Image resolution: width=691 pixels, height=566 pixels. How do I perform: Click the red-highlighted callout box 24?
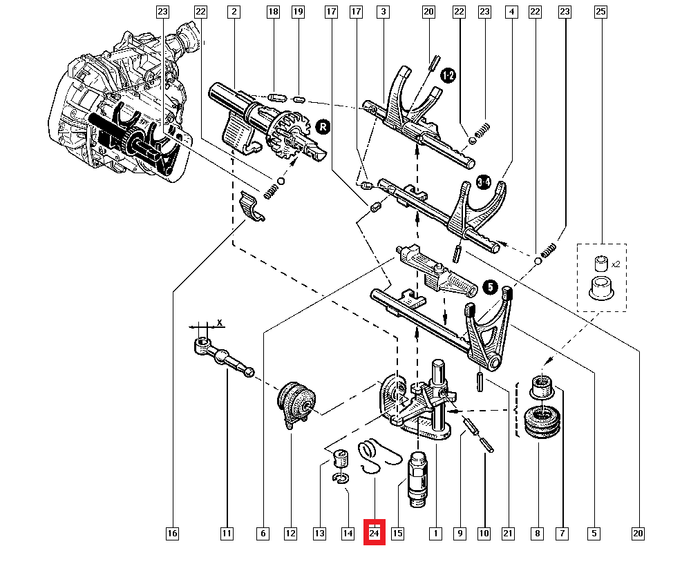(x=374, y=534)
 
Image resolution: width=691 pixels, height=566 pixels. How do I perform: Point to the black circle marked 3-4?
(x=484, y=183)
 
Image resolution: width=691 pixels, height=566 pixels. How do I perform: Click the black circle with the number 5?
(x=489, y=286)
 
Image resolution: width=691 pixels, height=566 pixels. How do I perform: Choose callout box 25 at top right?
(x=600, y=12)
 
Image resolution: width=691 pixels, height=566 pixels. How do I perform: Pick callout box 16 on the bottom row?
(x=172, y=534)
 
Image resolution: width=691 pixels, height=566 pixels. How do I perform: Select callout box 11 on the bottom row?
(x=227, y=534)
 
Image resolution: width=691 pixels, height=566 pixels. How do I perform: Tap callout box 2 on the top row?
(x=234, y=12)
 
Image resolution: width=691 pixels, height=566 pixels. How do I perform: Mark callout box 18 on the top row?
(x=273, y=12)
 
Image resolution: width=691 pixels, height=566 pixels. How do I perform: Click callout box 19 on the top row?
(x=298, y=12)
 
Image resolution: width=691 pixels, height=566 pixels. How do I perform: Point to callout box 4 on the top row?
(x=511, y=12)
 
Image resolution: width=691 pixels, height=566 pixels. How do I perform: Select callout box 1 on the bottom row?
(x=435, y=534)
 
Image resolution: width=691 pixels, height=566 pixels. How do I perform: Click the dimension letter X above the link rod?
(x=220, y=322)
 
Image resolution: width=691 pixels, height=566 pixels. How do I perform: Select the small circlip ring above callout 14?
(x=341, y=478)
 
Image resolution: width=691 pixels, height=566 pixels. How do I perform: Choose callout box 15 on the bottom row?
(x=397, y=534)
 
